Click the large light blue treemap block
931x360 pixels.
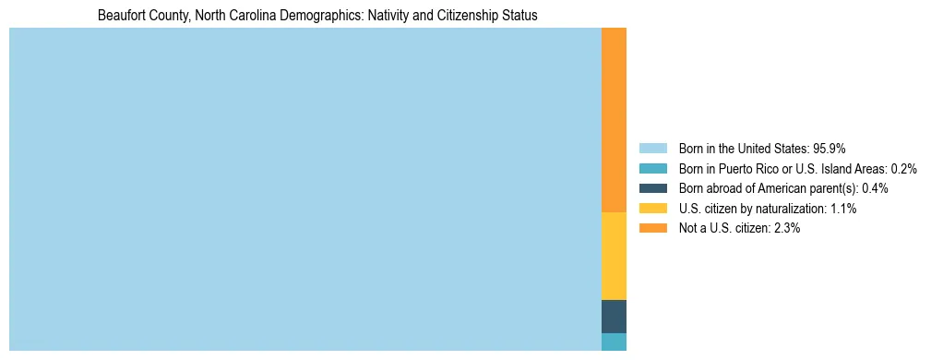(x=304, y=189)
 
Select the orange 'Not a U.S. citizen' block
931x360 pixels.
(x=614, y=120)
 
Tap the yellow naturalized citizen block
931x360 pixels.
(x=614, y=256)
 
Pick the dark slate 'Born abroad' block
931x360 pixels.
(x=614, y=316)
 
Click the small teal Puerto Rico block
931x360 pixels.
(x=614, y=342)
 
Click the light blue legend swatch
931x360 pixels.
(x=652, y=149)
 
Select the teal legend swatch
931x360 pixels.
(x=652, y=169)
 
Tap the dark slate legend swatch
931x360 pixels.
(x=652, y=188)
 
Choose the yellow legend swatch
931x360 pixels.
(x=652, y=209)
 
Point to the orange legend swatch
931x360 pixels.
(x=652, y=228)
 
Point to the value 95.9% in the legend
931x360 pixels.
(x=830, y=149)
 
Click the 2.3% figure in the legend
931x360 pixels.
(x=788, y=228)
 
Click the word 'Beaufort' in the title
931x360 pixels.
(x=120, y=16)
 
